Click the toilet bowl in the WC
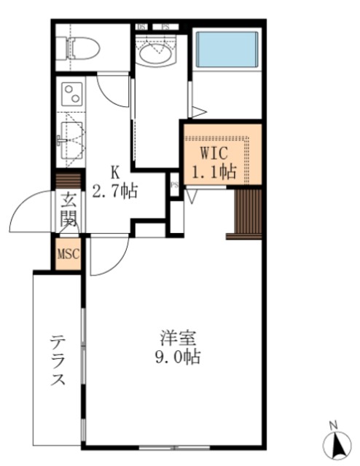pyautogui.click(x=78, y=48)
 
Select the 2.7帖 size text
pyautogui.click(x=115, y=191)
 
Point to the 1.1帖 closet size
pyautogui.click(x=214, y=173)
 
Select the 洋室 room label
pyautogui.click(x=177, y=339)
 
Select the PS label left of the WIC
pyautogui.click(x=174, y=184)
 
